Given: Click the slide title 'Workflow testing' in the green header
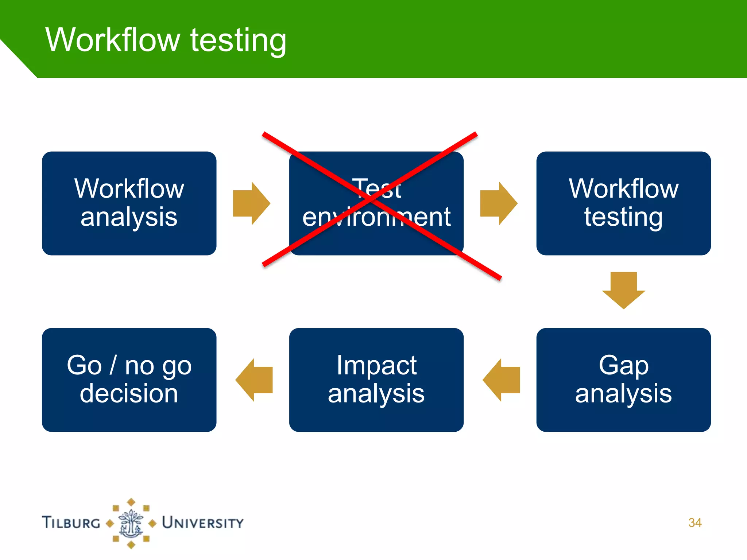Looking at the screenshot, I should [166, 40].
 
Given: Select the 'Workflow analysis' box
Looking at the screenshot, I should [129, 203].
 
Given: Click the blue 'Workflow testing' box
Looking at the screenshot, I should [623, 203].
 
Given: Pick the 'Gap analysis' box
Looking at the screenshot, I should [623, 380].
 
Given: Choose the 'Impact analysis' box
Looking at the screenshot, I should [376, 380].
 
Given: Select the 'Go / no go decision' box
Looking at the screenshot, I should [129, 380].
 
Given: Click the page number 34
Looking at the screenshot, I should [695, 522].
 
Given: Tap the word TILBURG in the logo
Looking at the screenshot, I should [71, 522].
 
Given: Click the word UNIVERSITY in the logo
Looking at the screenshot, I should [203, 523].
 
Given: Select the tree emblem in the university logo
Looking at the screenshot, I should [131, 524].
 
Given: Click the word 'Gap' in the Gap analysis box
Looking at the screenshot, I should [623, 365].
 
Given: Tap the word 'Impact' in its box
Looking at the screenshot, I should [376, 365].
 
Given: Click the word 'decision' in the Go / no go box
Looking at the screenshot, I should [129, 394].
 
